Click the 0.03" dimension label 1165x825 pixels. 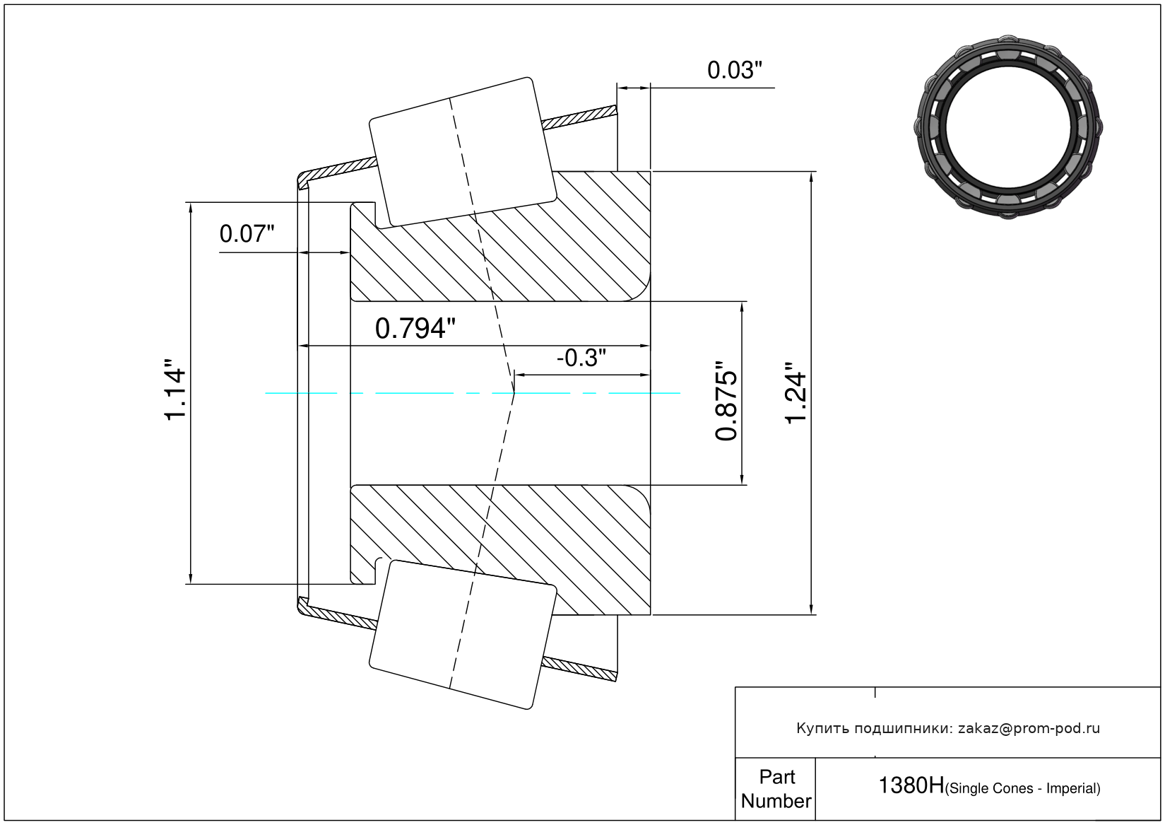coord(735,70)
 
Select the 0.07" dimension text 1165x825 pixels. coord(247,233)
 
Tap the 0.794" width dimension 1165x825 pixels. coord(415,329)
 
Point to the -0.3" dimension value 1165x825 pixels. coord(581,358)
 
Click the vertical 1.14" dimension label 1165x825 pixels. coord(175,393)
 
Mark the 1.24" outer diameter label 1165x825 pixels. coord(796,393)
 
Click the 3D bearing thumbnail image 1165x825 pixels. coord(1008,126)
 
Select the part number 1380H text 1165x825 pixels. coord(911,785)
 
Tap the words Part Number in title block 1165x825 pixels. coord(776,789)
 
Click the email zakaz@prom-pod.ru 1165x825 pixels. coord(1029,728)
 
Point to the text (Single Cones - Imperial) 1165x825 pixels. coord(1022,788)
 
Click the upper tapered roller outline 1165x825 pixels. coord(463,152)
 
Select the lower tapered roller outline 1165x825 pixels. coord(463,634)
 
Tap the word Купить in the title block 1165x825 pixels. coord(822,728)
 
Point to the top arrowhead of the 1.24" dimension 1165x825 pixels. coord(811,177)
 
